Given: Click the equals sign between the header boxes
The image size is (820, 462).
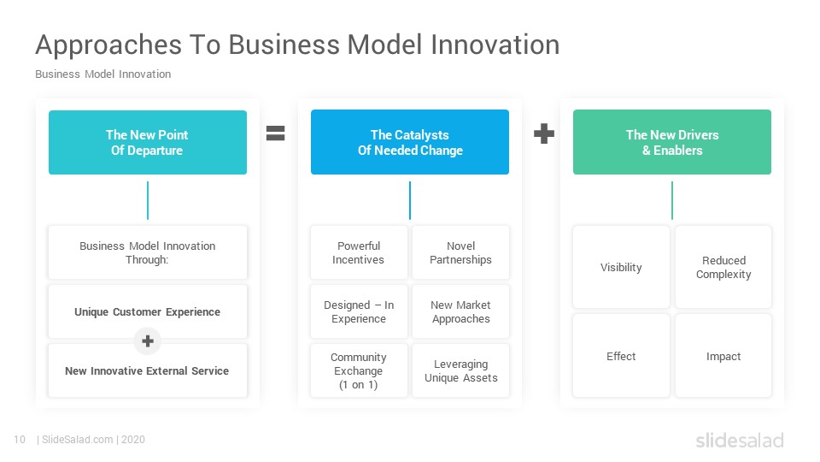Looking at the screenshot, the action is click(276, 133).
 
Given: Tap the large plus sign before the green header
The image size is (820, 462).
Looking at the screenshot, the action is click(544, 133).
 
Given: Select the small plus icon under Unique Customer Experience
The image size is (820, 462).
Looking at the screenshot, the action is click(148, 341).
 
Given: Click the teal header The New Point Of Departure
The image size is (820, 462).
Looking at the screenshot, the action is click(148, 143).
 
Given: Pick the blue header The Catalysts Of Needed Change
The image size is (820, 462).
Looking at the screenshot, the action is click(410, 142).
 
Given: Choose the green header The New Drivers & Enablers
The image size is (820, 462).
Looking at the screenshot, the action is click(672, 142).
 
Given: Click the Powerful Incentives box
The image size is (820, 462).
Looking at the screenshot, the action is click(359, 252).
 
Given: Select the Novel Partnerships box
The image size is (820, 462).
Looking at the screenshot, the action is click(460, 252).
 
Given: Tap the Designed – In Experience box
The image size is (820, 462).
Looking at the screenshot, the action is click(359, 311).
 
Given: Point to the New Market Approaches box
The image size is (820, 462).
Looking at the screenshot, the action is click(460, 311).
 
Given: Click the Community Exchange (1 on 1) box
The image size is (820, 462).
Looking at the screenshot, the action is click(359, 370).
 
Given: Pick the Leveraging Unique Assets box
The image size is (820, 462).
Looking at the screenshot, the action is click(460, 370).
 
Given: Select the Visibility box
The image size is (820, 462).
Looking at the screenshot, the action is click(621, 267).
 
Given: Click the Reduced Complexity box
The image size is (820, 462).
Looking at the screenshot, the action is click(723, 267).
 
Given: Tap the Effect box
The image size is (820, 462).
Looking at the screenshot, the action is click(621, 356).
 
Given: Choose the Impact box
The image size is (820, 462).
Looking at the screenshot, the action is click(723, 356).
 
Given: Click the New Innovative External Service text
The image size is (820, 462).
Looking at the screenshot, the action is click(147, 370).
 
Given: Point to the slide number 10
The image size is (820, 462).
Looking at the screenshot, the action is click(20, 440).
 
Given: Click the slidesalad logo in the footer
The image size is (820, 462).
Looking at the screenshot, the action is click(740, 440).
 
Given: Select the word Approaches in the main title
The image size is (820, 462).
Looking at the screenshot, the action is click(108, 45).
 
